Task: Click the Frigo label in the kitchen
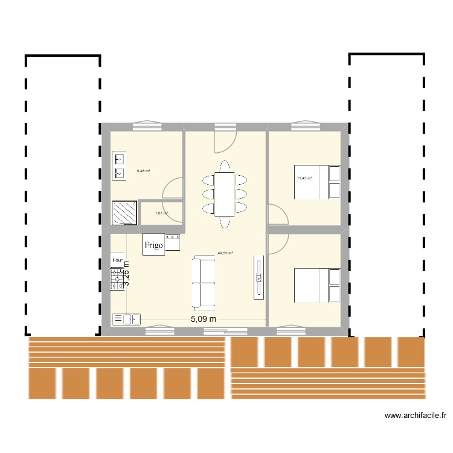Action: (153, 245)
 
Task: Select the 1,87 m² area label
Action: (161, 213)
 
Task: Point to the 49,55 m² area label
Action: (225, 254)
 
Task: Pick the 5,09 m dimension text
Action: (204, 319)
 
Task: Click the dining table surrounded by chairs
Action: (225, 194)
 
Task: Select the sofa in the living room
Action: (203, 281)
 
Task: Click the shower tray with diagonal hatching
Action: (124, 212)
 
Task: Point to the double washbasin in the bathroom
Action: (118, 166)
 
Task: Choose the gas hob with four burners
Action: (117, 279)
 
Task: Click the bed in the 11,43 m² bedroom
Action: (316, 182)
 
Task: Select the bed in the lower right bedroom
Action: (316, 285)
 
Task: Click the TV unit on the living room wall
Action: (259, 276)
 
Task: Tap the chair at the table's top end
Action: (225, 165)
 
